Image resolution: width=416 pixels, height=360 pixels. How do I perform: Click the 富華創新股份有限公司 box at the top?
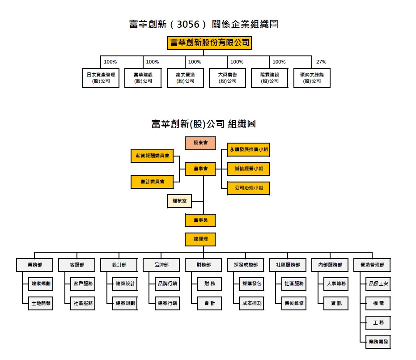[x=209, y=43]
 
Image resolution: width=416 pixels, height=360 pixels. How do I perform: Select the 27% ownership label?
[x=321, y=62]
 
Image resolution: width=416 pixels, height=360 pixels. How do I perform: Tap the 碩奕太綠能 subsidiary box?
[x=312, y=78]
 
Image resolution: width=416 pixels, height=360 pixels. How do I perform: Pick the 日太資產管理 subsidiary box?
[x=101, y=78]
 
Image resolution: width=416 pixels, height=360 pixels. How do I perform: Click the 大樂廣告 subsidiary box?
[x=228, y=78]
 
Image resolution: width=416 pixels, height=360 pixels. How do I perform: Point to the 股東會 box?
[x=200, y=143]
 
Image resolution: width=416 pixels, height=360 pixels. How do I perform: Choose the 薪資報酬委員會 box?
[x=152, y=156]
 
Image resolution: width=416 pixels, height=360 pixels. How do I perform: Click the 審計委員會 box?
[x=152, y=182]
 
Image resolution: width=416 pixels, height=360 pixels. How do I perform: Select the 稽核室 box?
[x=179, y=201]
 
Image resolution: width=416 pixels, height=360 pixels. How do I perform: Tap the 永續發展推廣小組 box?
[x=249, y=150]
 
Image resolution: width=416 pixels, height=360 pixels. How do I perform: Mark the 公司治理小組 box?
[x=249, y=188]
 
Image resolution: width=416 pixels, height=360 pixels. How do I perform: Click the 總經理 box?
[x=200, y=239]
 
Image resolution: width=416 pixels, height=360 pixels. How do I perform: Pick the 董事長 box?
[x=200, y=220]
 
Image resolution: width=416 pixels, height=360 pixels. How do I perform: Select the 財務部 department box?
[x=204, y=265]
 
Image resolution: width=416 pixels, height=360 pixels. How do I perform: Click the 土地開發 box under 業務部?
[x=41, y=303]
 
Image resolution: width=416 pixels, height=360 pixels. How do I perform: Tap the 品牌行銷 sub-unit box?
[x=167, y=284]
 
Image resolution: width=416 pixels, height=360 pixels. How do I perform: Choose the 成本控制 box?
[x=251, y=303]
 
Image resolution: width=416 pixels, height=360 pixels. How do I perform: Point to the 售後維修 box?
[x=294, y=303]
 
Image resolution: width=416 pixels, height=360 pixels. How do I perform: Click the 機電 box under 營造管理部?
[x=378, y=303]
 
